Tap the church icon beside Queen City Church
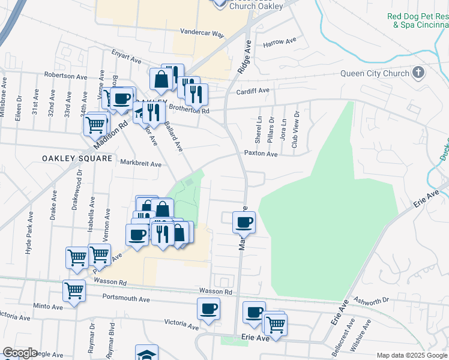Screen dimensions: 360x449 point(418,73)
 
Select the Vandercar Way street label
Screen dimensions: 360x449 point(202,34)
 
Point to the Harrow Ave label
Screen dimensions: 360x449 point(280,42)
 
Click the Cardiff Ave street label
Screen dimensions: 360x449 point(253,91)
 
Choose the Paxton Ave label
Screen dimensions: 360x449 point(261,154)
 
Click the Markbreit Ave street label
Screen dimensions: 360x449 point(141,163)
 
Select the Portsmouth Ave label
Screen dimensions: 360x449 point(126,298)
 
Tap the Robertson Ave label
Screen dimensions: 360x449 point(65,76)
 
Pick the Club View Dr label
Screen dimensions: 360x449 point(295,130)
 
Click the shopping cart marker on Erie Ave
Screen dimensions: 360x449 point(276,324)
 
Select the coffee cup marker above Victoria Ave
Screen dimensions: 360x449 point(208,309)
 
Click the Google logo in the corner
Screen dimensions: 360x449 point(20,353)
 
